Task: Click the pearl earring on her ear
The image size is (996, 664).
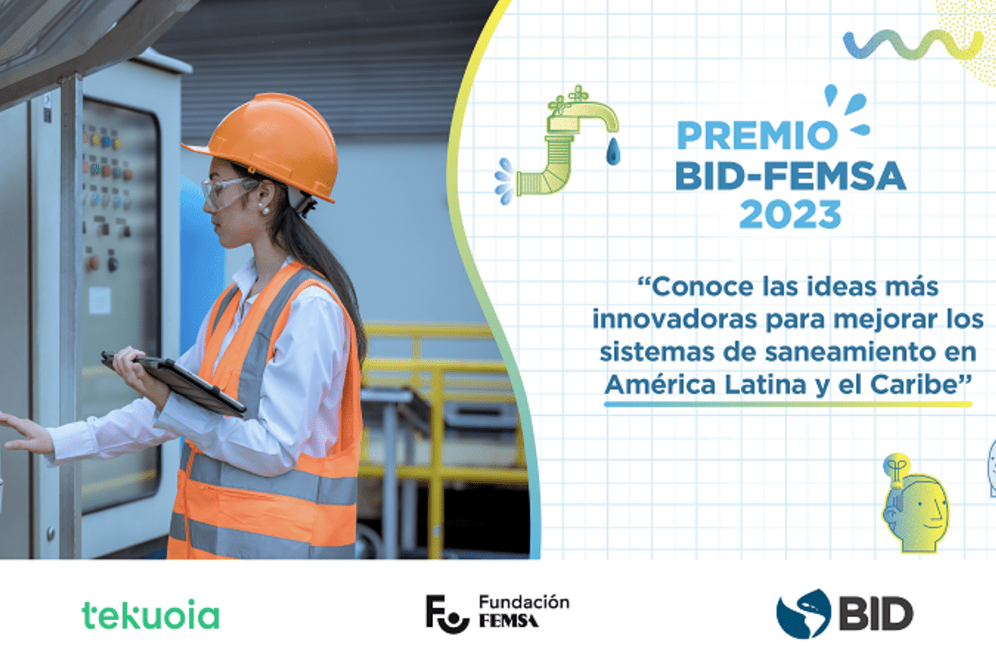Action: point(263,208)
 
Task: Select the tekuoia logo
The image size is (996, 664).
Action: point(150,615)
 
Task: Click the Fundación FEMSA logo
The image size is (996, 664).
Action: point(497,613)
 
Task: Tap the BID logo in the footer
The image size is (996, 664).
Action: point(845,614)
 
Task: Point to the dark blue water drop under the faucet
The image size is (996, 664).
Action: point(613,151)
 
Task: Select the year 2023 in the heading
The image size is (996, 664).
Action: point(791,215)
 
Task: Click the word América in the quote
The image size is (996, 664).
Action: point(660,385)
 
